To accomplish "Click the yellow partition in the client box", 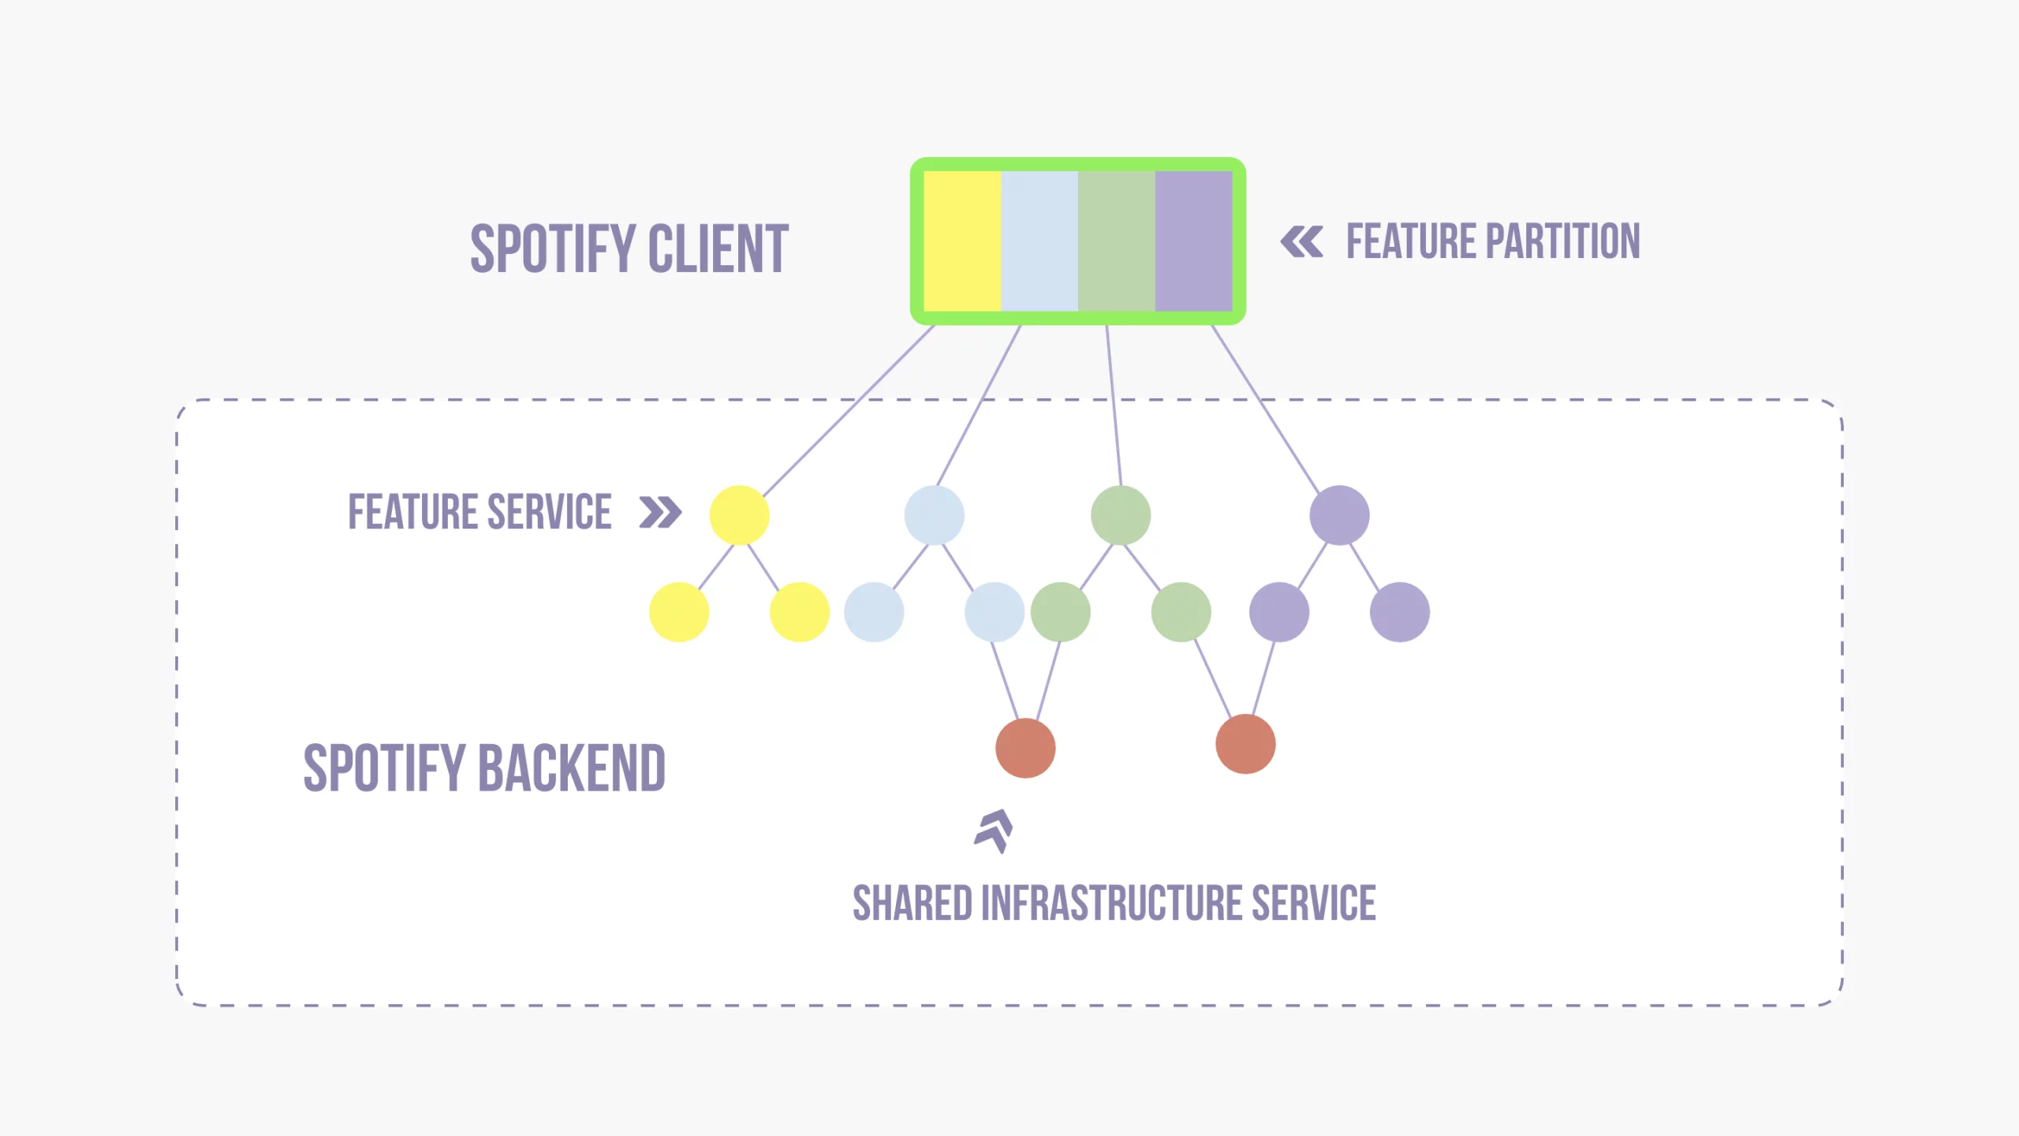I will click(962, 241).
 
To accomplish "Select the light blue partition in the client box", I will click(1039, 241).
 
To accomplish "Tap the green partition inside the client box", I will click(1116, 241).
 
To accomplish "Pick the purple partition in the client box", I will click(1193, 241).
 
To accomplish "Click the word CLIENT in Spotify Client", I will click(718, 249).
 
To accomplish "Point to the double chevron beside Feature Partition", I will click(1301, 241).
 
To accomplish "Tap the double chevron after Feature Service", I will click(660, 512).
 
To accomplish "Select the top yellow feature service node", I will click(739, 515).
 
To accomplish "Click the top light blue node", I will click(934, 515).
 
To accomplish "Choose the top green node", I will click(1121, 515).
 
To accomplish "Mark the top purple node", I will click(1339, 515).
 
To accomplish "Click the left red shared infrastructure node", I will click(1025, 748).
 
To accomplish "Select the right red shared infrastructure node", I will click(1245, 744).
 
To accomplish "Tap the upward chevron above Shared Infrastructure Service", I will click(994, 831).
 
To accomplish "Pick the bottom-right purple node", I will click(1399, 612).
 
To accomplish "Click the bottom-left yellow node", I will click(679, 612).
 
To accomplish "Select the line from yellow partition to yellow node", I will click(848, 410).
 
